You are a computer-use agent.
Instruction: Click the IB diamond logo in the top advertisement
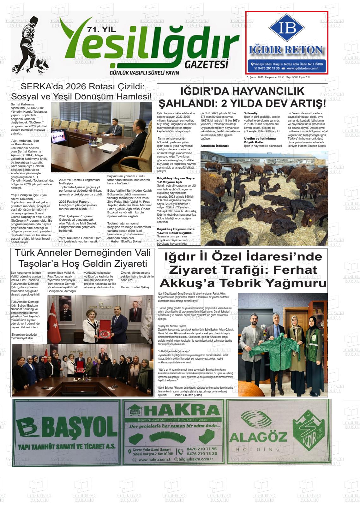287,28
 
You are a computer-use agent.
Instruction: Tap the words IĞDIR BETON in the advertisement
287,50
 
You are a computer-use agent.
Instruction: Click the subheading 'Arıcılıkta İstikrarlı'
215,146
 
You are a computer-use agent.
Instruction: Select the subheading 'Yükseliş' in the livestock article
251,113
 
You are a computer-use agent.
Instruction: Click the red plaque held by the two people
104,333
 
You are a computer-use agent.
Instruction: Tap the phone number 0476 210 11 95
202,449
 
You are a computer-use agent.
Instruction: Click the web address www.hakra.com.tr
153,460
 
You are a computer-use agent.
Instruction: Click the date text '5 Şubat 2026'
255,77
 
